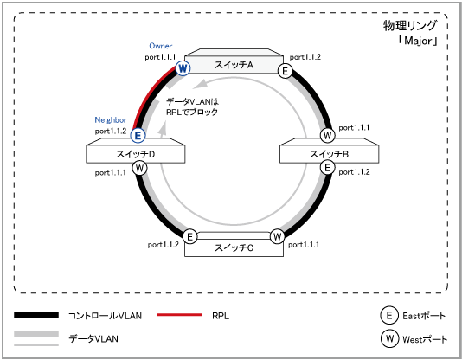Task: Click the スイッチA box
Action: pos(234,61)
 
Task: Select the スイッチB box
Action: pos(329,151)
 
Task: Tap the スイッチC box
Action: pos(234,245)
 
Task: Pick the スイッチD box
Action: pos(136,151)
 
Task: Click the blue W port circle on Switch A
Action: pos(183,68)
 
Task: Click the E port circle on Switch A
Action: pos(285,71)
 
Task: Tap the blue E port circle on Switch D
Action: pos(138,136)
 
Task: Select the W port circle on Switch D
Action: pos(139,169)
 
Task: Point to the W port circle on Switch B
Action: pos(327,136)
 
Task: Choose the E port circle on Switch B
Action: pos(327,168)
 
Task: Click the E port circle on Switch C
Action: pos(190,236)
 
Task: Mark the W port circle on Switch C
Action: pos(277,236)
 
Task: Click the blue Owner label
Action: pos(161,46)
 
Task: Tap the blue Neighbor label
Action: pos(111,120)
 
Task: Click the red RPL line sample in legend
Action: pos(180,315)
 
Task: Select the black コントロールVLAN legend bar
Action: pos(36,315)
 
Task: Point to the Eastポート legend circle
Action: pos(389,315)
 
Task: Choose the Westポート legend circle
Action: pos(389,338)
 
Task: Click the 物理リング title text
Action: pos(410,26)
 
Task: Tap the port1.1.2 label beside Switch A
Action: pos(305,57)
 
